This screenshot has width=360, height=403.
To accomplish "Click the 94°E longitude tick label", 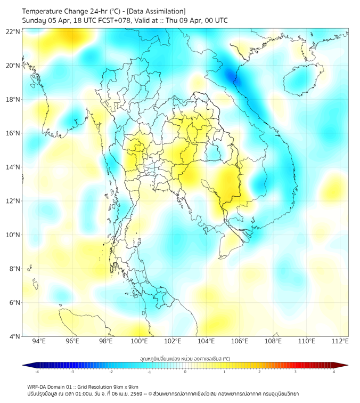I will [x=39, y=342].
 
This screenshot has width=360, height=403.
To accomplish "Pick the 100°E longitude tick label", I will [x=140, y=342].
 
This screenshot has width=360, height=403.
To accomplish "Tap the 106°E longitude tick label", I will [x=240, y=342].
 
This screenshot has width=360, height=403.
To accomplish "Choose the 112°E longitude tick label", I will [x=340, y=342].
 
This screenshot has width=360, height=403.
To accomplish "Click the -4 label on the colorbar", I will [x=36, y=372].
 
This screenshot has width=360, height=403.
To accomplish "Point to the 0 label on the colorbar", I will [x=185, y=372].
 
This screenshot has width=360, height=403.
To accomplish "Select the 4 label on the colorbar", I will [x=334, y=372].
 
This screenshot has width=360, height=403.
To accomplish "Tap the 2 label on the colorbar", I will [x=259, y=372].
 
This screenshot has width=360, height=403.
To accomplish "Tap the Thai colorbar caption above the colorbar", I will [x=185, y=359].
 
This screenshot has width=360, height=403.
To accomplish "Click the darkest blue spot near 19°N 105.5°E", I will [x=233, y=76].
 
